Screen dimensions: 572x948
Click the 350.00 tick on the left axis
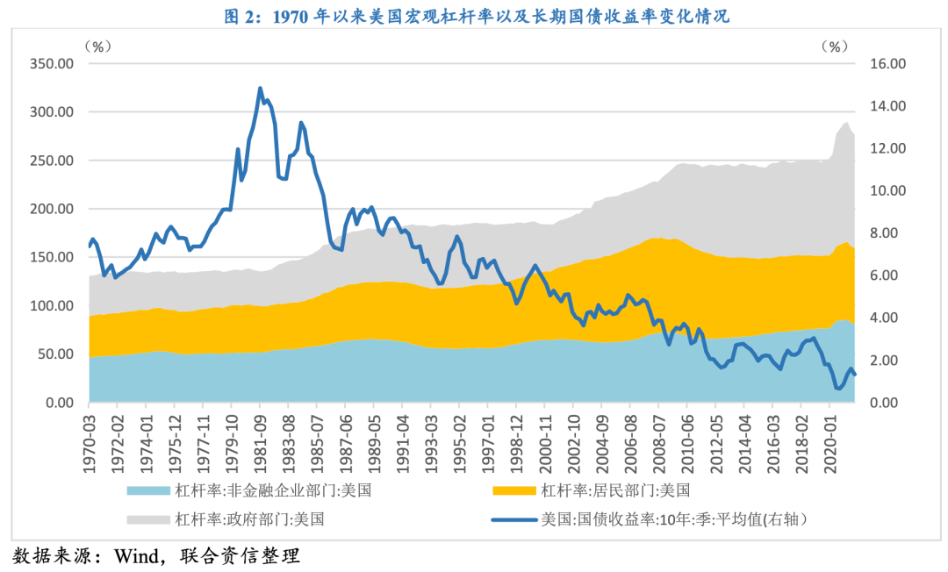click(52, 64)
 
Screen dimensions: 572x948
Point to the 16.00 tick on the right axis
click(886, 64)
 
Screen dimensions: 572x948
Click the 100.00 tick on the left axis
click(52, 306)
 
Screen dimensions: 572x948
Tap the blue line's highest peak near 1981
click(260, 88)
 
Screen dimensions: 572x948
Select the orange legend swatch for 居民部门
click(513, 490)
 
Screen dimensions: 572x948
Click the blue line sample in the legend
click(513, 518)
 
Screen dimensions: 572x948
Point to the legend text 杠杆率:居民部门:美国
click(615, 490)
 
